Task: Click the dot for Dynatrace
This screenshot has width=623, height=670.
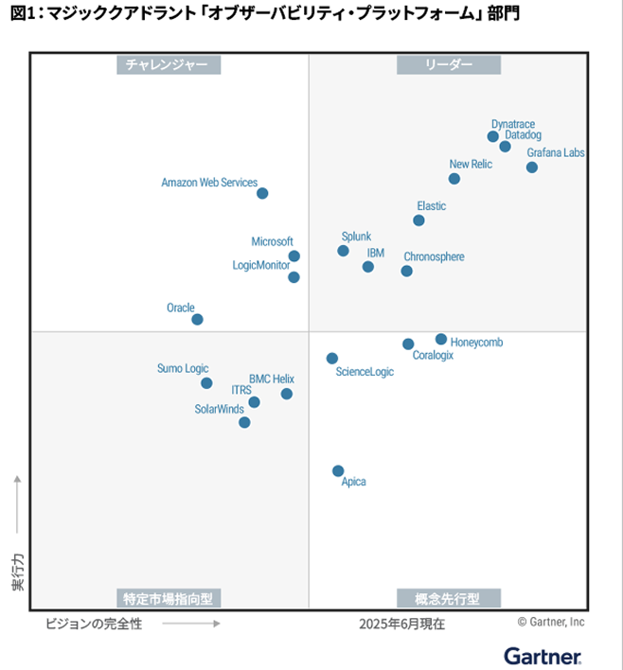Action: (x=492, y=136)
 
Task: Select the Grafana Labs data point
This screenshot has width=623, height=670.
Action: (x=532, y=167)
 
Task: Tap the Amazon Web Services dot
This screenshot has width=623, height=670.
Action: (x=262, y=193)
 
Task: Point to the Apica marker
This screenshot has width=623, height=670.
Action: (x=338, y=470)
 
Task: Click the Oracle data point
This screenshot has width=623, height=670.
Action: (x=197, y=319)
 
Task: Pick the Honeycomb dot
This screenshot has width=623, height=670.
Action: (x=441, y=339)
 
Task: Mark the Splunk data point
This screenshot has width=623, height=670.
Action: (x=343, y=251)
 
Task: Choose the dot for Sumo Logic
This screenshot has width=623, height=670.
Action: (x=206, y=383)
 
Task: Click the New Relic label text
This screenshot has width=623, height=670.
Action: (x=471, y=164)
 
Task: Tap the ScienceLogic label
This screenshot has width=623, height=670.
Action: (x=365, y=372)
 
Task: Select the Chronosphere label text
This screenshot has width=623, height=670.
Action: (x=434, y=256)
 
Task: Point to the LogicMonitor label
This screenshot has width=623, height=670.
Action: (x=261, y=265)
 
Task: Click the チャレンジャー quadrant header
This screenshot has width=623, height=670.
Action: (x=169, y=64)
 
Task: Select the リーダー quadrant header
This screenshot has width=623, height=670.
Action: (x=449, y=64)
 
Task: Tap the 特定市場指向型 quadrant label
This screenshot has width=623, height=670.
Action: (x=169, y=598)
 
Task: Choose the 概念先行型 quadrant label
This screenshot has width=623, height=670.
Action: (x=448, y=598)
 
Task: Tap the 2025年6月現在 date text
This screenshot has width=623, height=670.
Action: (x=401, y=624)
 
